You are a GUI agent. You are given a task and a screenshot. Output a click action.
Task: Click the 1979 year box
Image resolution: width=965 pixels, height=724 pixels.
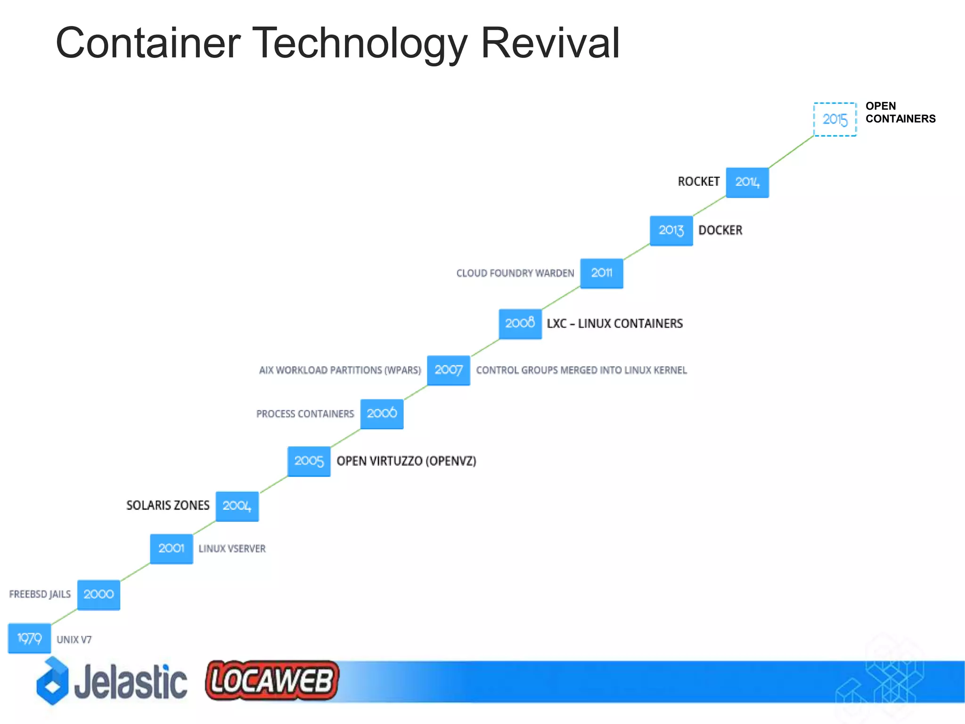pos(29,638)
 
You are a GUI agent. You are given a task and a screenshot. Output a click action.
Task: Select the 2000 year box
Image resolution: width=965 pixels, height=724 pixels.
pos(98,594)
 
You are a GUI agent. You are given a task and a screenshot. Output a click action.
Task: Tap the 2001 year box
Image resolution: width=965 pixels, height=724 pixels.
pos(172,549)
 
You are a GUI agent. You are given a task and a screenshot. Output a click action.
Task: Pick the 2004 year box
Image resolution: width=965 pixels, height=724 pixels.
pos(237,506)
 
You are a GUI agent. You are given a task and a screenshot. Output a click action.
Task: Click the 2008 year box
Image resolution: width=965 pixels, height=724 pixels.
pos(520,323)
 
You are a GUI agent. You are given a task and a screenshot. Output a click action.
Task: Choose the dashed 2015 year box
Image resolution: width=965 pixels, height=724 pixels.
pos(835,119)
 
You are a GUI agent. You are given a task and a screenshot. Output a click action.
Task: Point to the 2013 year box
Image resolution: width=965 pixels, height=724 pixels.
pos(671,230)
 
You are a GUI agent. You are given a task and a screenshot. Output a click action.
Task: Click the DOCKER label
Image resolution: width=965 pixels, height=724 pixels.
pos(720,230)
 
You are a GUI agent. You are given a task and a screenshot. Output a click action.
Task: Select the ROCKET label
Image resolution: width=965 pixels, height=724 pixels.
pos(698,182)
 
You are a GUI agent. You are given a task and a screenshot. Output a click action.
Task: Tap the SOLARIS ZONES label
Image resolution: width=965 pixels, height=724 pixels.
pos(168,505)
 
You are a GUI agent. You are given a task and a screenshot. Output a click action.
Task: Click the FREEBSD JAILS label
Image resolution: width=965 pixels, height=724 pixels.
pos(40,594)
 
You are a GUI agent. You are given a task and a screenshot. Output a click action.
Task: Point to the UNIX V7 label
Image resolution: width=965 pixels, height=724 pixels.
pos(74,640)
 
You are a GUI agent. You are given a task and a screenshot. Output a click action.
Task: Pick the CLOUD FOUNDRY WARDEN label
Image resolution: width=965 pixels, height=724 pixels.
pos(515,273)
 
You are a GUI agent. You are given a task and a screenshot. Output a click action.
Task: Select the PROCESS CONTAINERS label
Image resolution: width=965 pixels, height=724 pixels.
pos(305,414)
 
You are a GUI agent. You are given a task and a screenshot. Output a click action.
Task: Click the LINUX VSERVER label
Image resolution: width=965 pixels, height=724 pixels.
pos(232,549)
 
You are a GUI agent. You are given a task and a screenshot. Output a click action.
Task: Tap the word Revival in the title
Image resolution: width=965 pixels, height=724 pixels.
pos(549,43)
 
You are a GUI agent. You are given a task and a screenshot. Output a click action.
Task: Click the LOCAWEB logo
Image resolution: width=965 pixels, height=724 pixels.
pos(272,681)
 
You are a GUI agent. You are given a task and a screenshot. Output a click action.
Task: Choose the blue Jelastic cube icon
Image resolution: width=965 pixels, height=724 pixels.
pos(52,682)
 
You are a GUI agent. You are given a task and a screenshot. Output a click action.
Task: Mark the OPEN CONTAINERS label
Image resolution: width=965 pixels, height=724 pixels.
pos(900,113)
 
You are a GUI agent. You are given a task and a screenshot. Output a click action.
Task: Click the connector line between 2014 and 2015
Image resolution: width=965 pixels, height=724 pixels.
pos(792,152)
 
